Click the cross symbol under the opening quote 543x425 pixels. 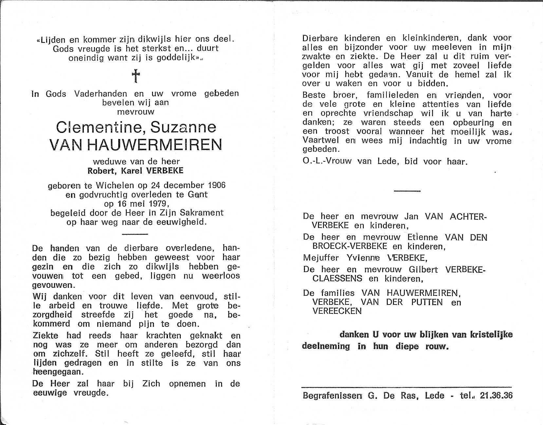point(136,76)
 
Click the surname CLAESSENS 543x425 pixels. point(337,279)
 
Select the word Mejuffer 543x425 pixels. point(321,258)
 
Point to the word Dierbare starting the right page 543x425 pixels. point(320,38)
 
